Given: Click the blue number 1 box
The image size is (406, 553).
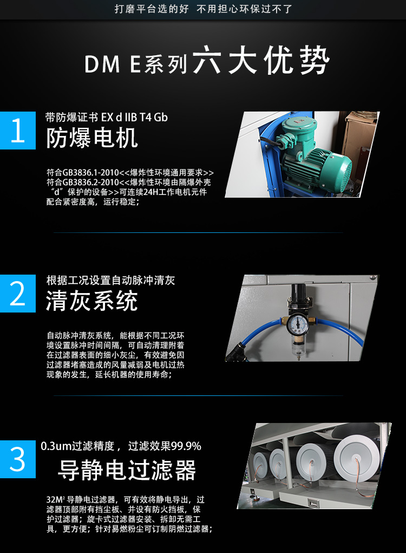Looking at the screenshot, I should [x=18, y=131].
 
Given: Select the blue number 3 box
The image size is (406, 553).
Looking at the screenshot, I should [x=18, y=459].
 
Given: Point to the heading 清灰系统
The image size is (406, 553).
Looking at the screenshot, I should [x=92, y=301].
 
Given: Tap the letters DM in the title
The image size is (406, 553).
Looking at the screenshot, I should [x=102, y=64].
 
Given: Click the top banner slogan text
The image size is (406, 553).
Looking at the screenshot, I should [x=203, y=9].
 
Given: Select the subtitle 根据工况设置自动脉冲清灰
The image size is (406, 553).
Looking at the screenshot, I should [x=110, y=281].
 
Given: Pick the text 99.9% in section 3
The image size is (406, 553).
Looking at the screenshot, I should [x=186, y=446].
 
